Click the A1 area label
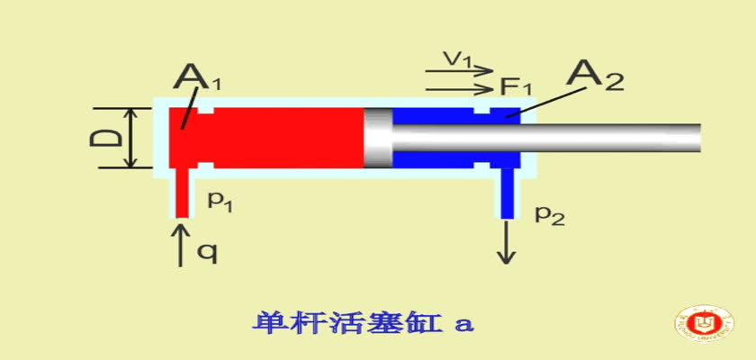[x=196, y=77]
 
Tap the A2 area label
[x=595, y=76]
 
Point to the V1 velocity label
[x=460, y=58]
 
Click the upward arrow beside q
[x=181, y=244]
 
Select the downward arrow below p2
[x=506, y=242]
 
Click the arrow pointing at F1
[x=460, y=89]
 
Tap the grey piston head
[x=378, y=138]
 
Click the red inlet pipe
[x=181, y=193]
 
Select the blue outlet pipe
[x=506, y=193]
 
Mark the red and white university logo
[x=706, y=322]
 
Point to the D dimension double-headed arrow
[x=130, y=138]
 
